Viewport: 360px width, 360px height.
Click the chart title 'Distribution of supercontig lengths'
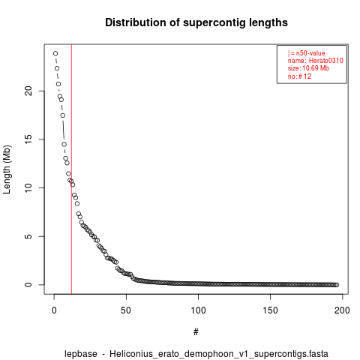pos(196,22)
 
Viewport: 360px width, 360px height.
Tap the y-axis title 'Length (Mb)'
pos(7,169)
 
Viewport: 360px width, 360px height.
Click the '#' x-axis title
pos(196,332)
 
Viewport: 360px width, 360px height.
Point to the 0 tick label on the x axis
pos(54,310)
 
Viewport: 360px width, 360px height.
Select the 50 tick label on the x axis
pos(126,310)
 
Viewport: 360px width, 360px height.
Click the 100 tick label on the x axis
pos(198,310)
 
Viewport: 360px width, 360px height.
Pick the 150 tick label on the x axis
pos(270,310)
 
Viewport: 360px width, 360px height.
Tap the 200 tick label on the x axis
pos(342,310)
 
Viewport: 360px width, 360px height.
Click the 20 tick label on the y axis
pos(28,91)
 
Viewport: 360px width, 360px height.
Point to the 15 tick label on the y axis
pos(28,139)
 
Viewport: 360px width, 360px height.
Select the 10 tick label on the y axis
pos(28,187)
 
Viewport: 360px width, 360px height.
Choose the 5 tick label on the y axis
pos(28,236)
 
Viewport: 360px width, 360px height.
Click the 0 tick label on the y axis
pos(28,285)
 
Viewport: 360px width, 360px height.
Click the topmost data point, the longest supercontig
pos(55,53)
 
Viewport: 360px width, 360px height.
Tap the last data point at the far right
pos(337,285)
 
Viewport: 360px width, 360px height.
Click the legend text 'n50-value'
pos(310,53)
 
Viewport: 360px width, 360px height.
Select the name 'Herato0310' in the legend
pos(326,61)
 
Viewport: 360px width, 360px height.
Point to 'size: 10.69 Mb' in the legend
pos(308,68)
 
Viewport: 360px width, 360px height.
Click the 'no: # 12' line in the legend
pos(299,76)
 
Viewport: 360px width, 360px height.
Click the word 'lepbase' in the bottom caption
pos(81,354)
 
